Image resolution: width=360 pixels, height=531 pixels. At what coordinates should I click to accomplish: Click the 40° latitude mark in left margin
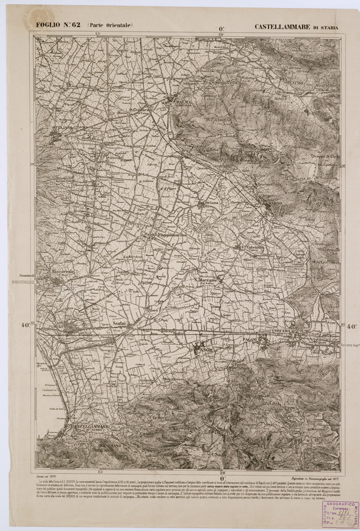[25, 326]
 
